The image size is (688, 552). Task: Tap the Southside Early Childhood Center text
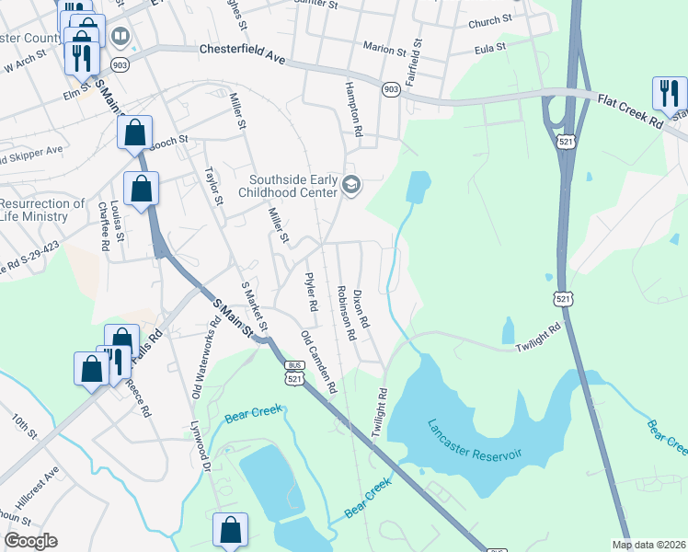291,186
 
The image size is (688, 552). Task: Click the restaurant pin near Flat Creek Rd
669,93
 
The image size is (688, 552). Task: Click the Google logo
30,541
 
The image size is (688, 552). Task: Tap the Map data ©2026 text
649,545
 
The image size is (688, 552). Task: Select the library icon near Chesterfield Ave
120,37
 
